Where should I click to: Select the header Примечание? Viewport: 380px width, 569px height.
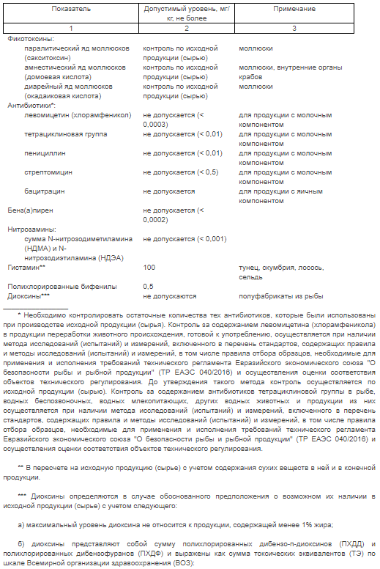point(294,9)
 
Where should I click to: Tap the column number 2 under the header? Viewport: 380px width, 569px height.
point(186,27)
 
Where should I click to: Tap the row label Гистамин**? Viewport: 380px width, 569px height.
point(26,267)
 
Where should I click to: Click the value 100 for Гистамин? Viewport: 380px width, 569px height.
point(149,267)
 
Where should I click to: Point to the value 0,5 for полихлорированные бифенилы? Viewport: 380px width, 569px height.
point(148,286)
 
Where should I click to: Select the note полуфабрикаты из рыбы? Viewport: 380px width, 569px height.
point(275,295)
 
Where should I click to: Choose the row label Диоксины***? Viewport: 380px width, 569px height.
point(28,295)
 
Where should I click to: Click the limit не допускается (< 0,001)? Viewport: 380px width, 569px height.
point(185,238)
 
